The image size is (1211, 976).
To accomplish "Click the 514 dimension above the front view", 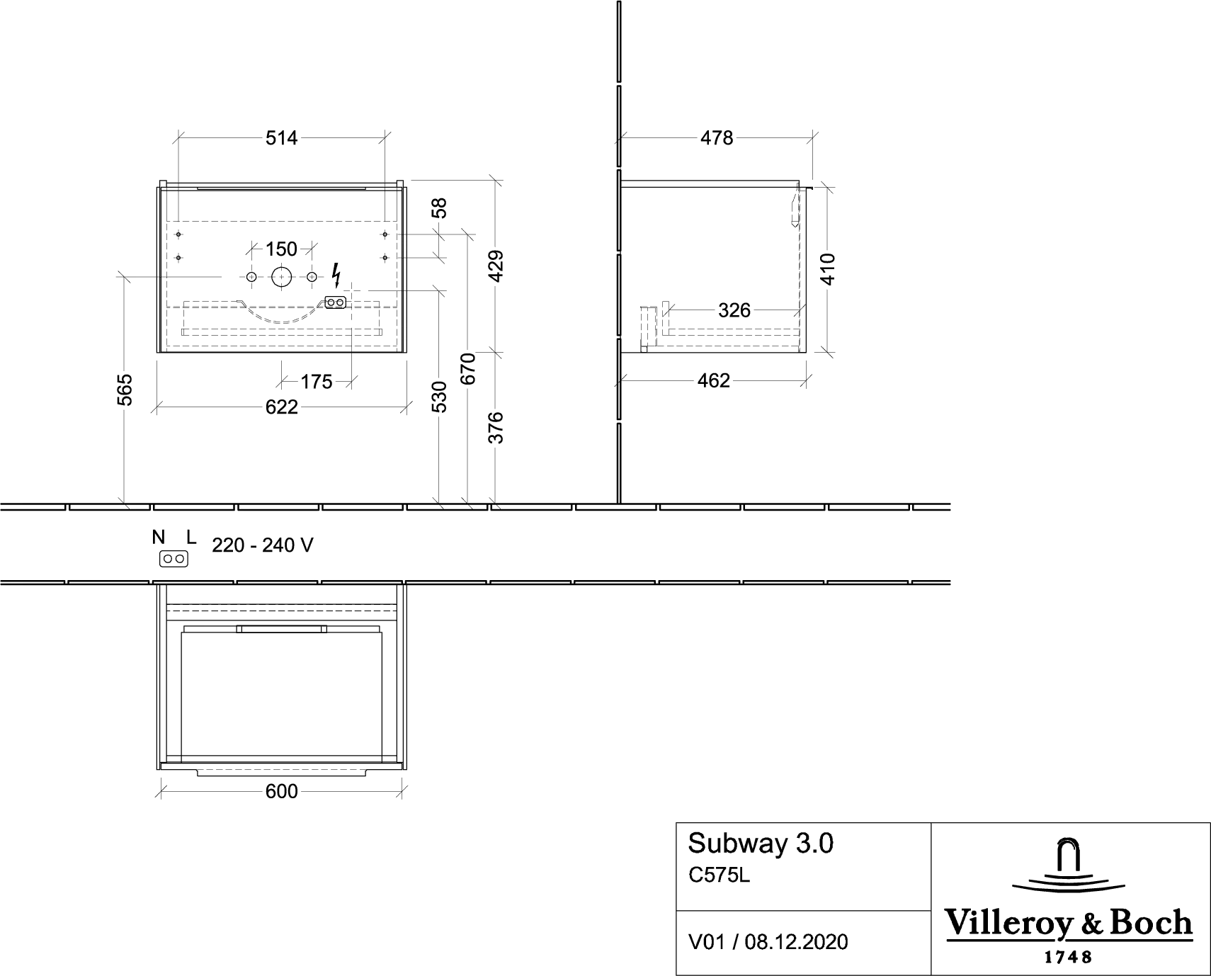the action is tap(282, 137).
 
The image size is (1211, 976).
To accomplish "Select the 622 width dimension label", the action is tap(282, 407).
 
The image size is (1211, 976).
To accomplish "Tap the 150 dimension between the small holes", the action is tap(281, 249).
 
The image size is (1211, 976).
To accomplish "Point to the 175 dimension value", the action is tap(316, 382).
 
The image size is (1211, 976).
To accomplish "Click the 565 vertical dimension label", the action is tap(125, 390).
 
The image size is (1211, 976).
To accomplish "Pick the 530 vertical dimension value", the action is tap(439, 397).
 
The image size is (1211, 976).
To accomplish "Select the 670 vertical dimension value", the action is tap(467, 368).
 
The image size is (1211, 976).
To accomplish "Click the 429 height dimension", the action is tap(496, 266).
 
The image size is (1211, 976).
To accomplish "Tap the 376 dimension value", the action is tap(496, 428).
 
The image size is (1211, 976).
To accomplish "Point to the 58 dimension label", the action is tap(439, 208).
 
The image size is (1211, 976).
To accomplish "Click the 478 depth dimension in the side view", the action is tap(717, 137).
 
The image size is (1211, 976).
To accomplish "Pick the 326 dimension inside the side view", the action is tap(734, 310).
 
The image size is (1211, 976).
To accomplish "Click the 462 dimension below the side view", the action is tap(713, 380).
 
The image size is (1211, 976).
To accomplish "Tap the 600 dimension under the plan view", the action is tap(282, 791).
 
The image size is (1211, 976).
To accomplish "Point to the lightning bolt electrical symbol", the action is tap(336, 274).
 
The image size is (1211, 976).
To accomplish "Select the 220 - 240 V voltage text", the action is tap(263, 545).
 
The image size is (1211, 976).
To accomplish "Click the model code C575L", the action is tap(719, 876).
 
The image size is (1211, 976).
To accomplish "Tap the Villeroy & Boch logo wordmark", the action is tap(1069, 923).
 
